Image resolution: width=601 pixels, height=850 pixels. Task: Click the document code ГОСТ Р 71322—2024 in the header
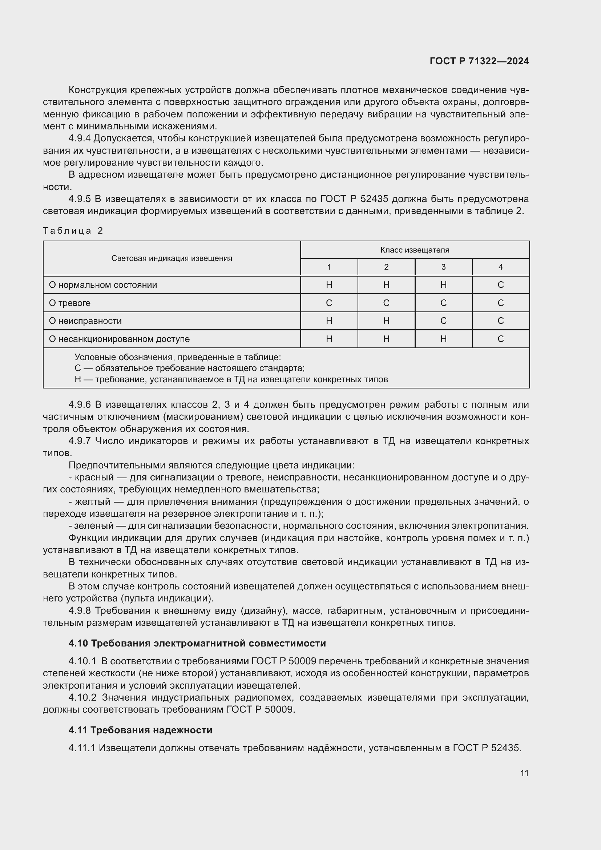[x=479, y=61]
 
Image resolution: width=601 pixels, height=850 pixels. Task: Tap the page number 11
[x=524, y=773]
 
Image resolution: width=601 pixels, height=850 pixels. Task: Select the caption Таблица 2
[x=73, y=231]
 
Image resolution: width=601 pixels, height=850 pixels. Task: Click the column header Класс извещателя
[x=415, y=250]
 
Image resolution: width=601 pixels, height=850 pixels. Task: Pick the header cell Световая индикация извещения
[x=172, y=258]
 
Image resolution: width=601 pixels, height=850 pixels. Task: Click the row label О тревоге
[x=69, y=303]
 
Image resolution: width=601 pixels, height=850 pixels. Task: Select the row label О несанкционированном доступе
[x=119, y=339]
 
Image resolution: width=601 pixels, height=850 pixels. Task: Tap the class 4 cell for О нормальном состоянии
[x=500, y=285]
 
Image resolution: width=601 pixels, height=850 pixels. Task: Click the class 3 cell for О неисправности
[x=443, y=321]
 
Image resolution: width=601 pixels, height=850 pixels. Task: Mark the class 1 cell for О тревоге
[x=328, y=303]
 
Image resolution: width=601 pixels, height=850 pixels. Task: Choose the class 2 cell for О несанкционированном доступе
[x=386, y=339]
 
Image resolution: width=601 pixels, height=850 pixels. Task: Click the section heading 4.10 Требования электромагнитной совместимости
[x=197, y=643]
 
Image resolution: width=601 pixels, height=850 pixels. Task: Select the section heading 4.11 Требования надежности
[x=140, y=730]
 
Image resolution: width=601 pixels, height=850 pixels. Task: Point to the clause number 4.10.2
[x=82, y=697]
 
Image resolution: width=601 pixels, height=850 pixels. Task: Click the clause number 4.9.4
[x=80, y=138]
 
